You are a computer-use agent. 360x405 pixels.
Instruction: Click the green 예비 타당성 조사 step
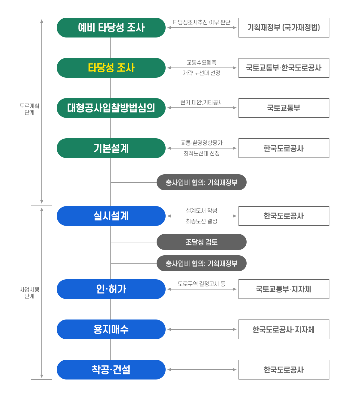point(111,28)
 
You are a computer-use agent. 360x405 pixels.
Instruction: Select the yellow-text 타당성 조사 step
point(111,68)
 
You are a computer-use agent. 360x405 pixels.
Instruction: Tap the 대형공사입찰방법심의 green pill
point(111,108)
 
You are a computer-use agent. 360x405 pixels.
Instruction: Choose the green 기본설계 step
point(111,148)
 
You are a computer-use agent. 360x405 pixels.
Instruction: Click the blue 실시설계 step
point(111,216)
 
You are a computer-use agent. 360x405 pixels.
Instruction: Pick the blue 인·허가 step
point(111,289)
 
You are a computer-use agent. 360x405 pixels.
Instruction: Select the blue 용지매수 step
point(111,329)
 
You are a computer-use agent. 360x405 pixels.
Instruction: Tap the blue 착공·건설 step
point(111,369)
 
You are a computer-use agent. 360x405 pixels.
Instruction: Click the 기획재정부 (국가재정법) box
point(284,28)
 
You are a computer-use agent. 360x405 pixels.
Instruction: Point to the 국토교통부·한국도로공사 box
point(284,68)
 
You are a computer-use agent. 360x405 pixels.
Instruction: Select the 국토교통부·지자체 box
point(284,289)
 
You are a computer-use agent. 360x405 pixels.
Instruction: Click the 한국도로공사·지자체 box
point(284,329)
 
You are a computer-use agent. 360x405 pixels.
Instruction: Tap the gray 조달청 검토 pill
point(202,242)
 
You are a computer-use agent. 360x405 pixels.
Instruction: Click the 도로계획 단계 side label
point(29,109)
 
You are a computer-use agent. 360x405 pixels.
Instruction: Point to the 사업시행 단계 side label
point(29,292)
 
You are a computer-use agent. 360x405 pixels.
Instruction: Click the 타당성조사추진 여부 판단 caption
point(202,22)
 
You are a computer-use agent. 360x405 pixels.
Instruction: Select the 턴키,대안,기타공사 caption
point(202,102)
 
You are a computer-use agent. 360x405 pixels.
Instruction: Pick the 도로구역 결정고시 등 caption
point(202,284)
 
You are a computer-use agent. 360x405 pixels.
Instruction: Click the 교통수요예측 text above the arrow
point(202,62)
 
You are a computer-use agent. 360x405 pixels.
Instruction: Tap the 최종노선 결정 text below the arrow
point(202,221)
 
